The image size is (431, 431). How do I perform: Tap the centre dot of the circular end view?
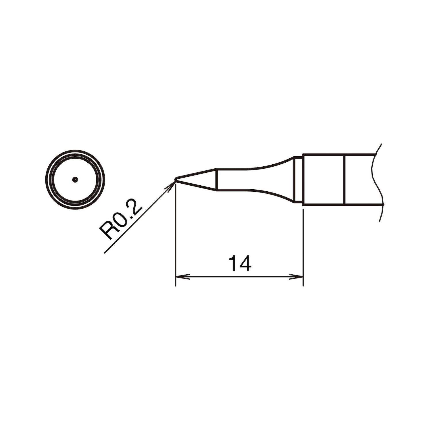pyautogui.click(x=75, y=180)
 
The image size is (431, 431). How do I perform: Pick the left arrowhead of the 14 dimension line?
pyautogui.click(x=180, y=277)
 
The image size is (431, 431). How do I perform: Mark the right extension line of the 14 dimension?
pyautogui.click(x=303, y=244)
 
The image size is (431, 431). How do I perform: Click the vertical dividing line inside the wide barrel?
pyautogui.click(x=345, y=179)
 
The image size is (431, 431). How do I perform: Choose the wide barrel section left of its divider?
pyautogui.click(x=323, y=179)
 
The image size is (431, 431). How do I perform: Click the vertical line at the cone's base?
pyautogui.click(x=216, y=179)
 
